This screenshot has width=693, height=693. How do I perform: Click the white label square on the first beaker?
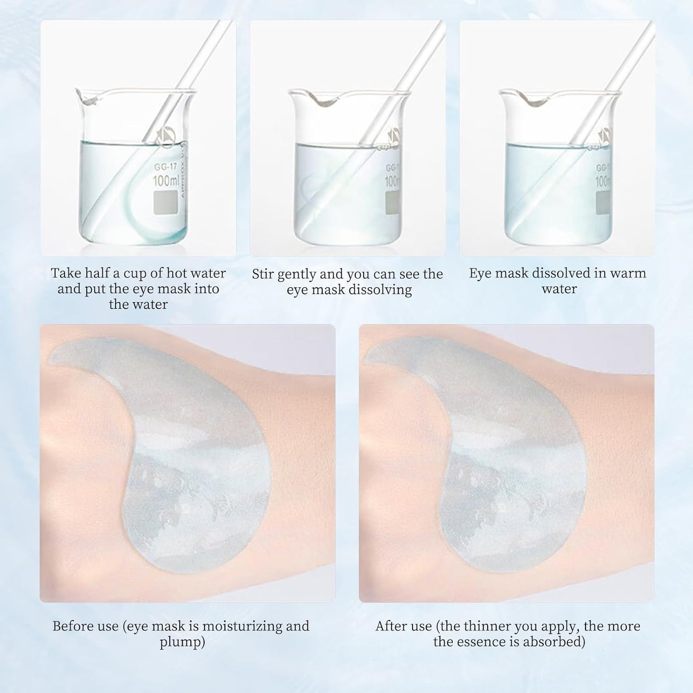point(164,203)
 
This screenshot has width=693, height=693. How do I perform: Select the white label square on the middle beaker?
point(393,203)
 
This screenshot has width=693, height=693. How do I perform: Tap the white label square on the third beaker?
point(602,203)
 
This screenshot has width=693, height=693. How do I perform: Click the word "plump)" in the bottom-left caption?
point(182,642)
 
